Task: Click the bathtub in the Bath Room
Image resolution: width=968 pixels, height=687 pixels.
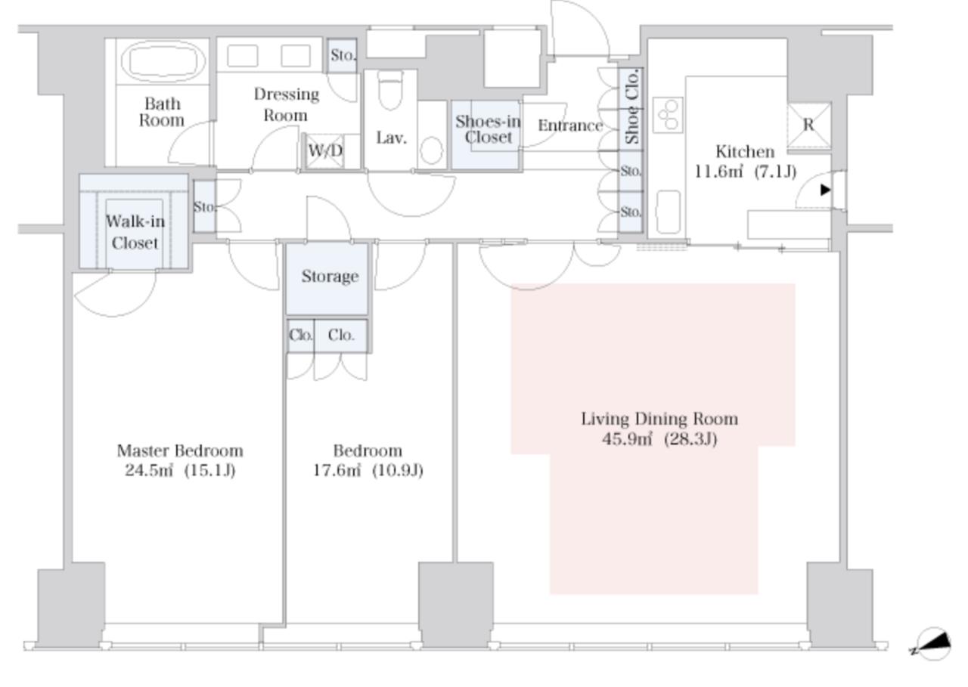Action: click(x=163, y=61)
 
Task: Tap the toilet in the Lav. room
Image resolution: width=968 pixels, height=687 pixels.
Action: click(x=389, y=90)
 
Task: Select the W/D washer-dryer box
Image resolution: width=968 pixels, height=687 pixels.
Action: click(x=325, y=150)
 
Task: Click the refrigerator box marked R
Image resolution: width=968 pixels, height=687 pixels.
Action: click(x=809, y=125)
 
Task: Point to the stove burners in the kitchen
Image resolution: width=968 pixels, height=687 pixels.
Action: click(x=668, y=115)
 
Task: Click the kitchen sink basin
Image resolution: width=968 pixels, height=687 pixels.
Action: click(x=668, y=212)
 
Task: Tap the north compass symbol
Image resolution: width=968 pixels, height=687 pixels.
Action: click(x=933, y=644)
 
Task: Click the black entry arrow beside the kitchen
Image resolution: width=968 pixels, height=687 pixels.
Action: click(x=825, y=190)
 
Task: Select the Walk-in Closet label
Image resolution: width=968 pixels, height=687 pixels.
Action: click(x=135, y=232)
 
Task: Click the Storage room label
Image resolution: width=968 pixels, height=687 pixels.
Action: click(x=330, y=277)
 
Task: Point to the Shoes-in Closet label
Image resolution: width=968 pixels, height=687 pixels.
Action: click(x=488, y=129)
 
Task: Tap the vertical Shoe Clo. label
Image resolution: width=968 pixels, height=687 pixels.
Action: click(x=631, y=107)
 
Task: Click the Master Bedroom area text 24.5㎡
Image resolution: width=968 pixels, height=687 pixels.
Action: click(x=149, y=470)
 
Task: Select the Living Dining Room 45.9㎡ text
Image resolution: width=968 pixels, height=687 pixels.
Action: click(x=627, y=439)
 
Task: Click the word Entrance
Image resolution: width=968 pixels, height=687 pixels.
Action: click(x=570, y=125)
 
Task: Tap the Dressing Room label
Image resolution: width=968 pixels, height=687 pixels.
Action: click(x=286, y=104)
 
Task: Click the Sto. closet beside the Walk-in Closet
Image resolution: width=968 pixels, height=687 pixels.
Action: click(x=204, y=206)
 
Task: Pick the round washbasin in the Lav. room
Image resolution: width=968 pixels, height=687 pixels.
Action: click(x=431, y=150)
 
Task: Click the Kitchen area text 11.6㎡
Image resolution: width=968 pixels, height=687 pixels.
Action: click(x=718, y=172)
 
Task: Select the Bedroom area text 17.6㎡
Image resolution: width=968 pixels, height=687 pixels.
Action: click(x=337, y=470)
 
